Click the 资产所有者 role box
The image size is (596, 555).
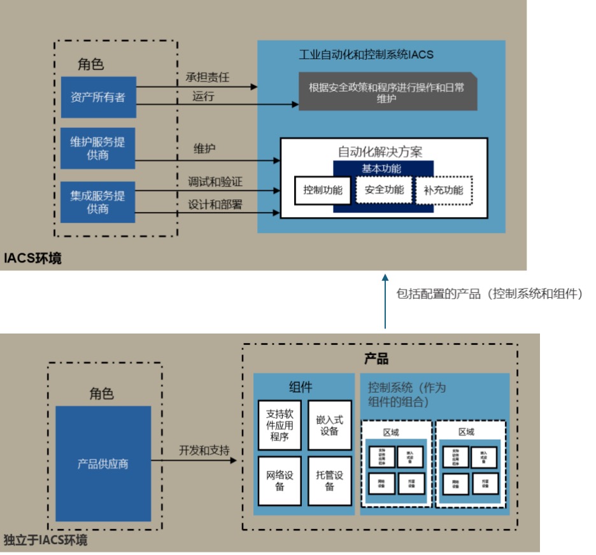(x=98, y=97)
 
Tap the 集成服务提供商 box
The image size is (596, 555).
(x=98, y=202)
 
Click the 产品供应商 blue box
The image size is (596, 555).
(x=103, y=463)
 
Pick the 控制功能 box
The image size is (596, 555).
(x=323, y=190)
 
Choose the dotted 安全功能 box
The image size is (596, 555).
(x=384, y=190)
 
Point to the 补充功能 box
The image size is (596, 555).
(x=444, y=190)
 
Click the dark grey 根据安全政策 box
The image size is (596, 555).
(x=387, y=93)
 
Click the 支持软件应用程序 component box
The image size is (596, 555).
(x=280, y=425)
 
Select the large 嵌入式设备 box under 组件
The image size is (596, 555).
(x=329, y=425)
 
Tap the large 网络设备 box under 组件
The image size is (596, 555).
(x=280, y=481)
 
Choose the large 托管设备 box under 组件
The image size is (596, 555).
(x=329, y=481)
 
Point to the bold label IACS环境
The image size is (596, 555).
(x=32, y=258)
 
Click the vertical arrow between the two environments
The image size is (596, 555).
(x=385, y=302)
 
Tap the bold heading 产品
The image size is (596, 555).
(x=376, y=359)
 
